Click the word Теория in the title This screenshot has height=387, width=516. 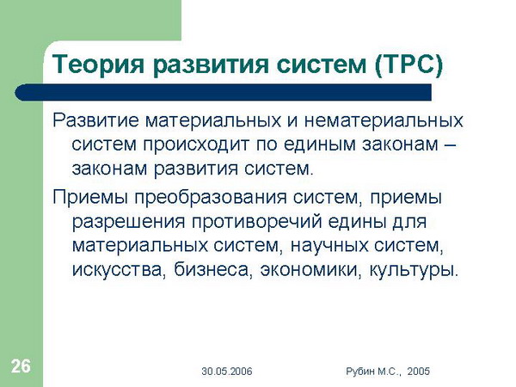click(98, 64)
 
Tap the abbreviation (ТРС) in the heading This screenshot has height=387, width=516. click(408, 64)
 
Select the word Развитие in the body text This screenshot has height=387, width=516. click(95, 120)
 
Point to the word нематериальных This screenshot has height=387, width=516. click(384, 120)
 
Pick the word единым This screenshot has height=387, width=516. click(319, 144)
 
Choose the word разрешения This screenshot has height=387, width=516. click(129, 223)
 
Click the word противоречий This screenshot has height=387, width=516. click(256, 222)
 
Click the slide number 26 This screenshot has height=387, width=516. click(21, 366)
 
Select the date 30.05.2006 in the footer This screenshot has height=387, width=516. click(227, 372)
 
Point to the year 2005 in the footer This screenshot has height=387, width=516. click(418, 372)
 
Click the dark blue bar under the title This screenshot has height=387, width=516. click(223, 93)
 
